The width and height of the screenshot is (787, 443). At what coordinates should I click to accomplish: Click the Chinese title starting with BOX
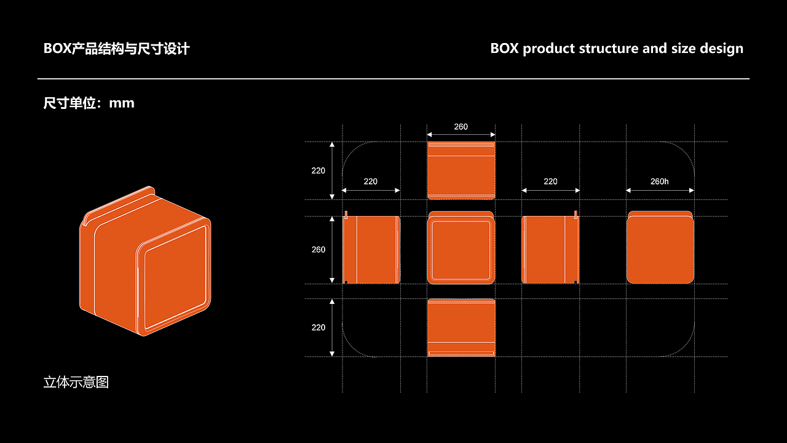pos(116,49)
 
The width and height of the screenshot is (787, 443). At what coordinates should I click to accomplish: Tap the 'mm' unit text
pos(122,103)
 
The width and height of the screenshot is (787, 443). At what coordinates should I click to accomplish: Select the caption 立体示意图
pos(76,382)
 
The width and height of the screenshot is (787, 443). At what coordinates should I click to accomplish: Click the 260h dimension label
pos(660,182)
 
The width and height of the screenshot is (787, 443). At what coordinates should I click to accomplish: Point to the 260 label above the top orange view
pos(461,127)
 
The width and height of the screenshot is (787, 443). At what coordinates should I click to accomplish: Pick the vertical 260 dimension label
pos(318,250)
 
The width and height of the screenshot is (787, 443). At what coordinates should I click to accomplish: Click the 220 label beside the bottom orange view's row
pos(318,327)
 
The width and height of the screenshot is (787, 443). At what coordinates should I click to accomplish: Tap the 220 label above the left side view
pos(370,182)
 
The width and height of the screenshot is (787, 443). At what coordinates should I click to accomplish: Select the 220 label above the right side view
pos(550,182)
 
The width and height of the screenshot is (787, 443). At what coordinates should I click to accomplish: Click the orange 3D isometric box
pos(145,261)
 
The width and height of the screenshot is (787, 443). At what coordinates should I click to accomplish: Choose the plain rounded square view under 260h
pos(660,247)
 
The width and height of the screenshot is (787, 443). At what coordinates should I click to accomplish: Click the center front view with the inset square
pos(461,247)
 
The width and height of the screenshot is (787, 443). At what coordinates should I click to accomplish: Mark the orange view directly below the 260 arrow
pos(461,170)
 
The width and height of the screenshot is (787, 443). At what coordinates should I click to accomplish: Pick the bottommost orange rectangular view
pos(461,328)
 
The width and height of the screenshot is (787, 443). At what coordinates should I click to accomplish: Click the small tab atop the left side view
pos(346,215)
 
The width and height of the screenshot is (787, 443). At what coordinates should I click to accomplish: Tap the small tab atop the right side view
pos(575,215)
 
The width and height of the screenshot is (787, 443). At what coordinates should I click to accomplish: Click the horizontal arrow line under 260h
pos(660,191)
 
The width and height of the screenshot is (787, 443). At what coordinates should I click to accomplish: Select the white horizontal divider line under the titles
pos(393,79)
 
